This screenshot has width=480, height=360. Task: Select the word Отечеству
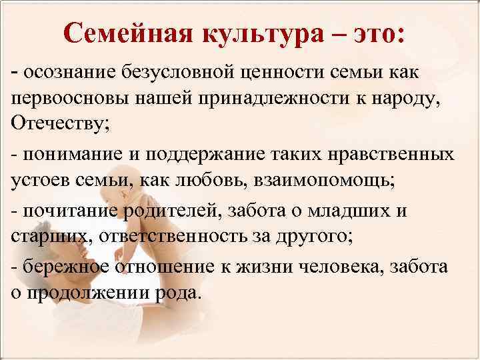click(58, 124)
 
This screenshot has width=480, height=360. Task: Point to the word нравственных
click(389, 155)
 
